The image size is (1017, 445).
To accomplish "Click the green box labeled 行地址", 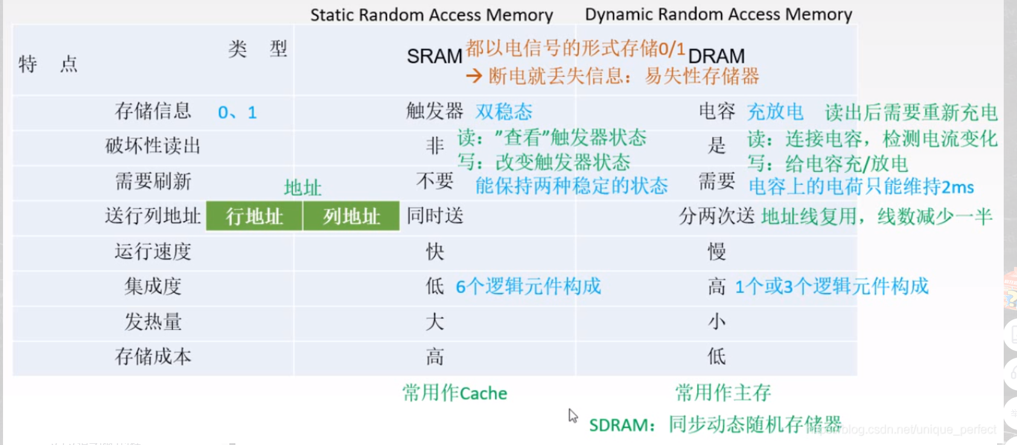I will tap(254, 216).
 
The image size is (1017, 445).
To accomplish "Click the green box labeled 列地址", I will tap(351, 216).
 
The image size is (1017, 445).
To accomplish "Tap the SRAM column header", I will tap(434, 56).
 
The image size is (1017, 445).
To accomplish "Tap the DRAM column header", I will tap(716, 56).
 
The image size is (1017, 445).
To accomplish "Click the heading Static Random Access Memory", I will tap(432, 14).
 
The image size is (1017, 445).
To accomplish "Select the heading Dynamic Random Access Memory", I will tap(718, 14).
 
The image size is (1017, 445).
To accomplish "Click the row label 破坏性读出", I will tap(153, 146).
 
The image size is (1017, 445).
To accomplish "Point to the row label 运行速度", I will tap(153, 251).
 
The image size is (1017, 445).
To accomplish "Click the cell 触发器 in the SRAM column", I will tap(435, 111).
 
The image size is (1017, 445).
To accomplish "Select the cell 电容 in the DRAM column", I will tap(716, 111).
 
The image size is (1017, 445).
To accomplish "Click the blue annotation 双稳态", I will tap(503, 112).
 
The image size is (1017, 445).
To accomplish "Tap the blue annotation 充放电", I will tap(775, 112).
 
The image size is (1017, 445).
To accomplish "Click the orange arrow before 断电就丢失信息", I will tap(474, 76).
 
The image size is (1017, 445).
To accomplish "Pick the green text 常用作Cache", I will tap(454, 393).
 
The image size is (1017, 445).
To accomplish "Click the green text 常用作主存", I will tap(722, 393).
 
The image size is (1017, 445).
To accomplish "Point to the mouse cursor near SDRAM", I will tap(572, 415).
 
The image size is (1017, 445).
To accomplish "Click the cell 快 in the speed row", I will tap(435, 251).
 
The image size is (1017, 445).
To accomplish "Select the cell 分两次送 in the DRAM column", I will tap(716, 216).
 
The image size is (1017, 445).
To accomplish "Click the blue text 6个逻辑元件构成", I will tap(528, 286).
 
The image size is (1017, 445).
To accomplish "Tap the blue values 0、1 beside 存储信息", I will tap(237, 112).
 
